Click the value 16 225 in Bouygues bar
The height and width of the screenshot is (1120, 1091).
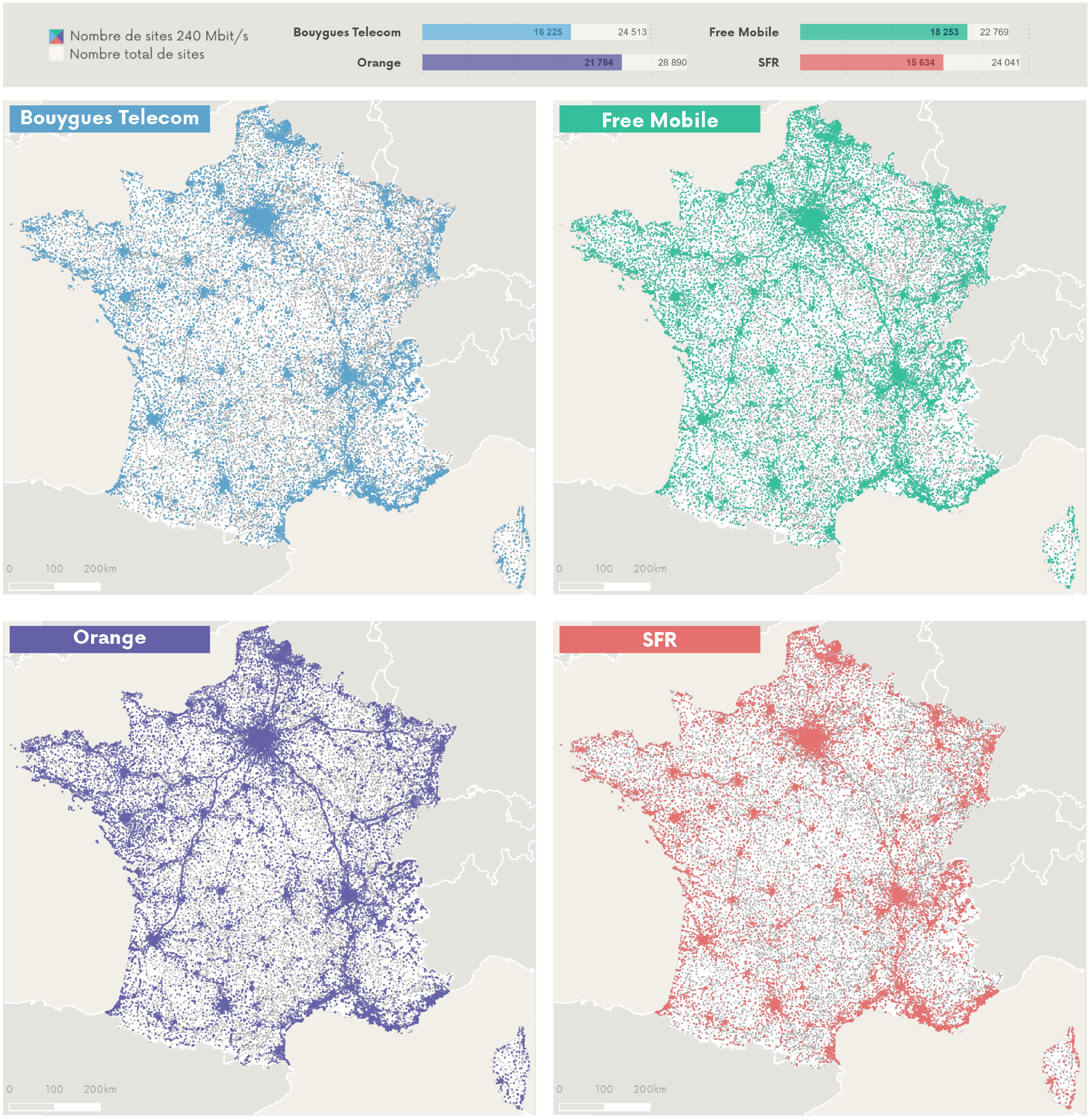(547, 32)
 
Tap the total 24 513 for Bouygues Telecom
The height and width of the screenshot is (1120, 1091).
(631, 32)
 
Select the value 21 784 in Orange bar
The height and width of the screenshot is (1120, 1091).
(598, 63)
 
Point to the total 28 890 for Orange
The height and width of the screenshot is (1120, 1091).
(672, 63)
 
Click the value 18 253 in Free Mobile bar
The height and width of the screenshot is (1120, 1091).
(943, 32)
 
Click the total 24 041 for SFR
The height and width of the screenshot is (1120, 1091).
(1005, 63)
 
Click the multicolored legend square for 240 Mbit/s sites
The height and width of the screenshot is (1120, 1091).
(56, 37)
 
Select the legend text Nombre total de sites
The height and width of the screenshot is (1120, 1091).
(136, 54)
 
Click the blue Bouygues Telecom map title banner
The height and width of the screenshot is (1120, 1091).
(109, 119)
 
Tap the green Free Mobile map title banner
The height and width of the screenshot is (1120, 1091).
(659, 120)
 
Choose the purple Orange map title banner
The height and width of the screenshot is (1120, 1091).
(109, 639)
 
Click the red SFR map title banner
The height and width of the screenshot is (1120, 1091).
(659, 640)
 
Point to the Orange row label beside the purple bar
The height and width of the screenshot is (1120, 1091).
(378, 63)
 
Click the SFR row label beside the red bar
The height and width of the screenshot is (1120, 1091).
(768, 63)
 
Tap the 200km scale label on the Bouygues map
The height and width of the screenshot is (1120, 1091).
(100, 568)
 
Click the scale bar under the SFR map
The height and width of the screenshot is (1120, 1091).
(604, 1107)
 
